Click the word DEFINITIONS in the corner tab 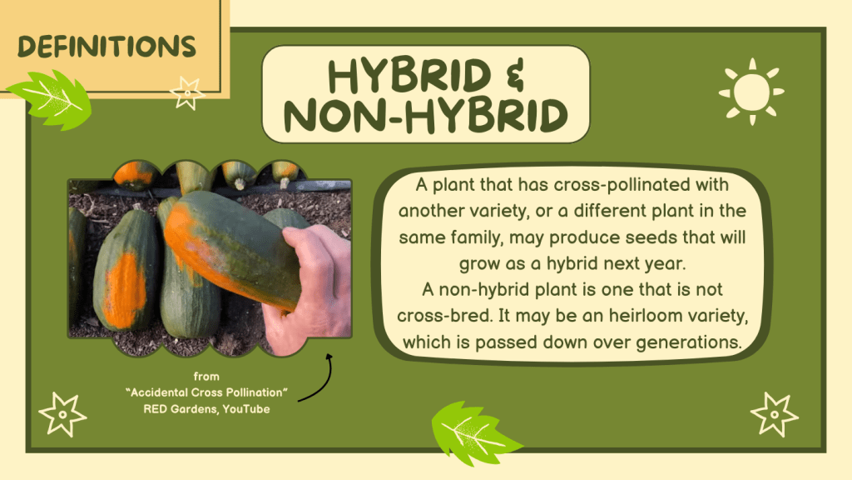click(x=106, y=47)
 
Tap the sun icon click(x=751, y=92)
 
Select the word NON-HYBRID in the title click(x=425, y=115)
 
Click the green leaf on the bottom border click(x=474, y=433)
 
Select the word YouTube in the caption click(x=246, y=408)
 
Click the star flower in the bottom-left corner click(x=62, y=414)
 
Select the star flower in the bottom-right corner click(x=775, y=414)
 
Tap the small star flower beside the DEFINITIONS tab click(x=187, y=93)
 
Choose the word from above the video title click(x=206, y=376)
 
